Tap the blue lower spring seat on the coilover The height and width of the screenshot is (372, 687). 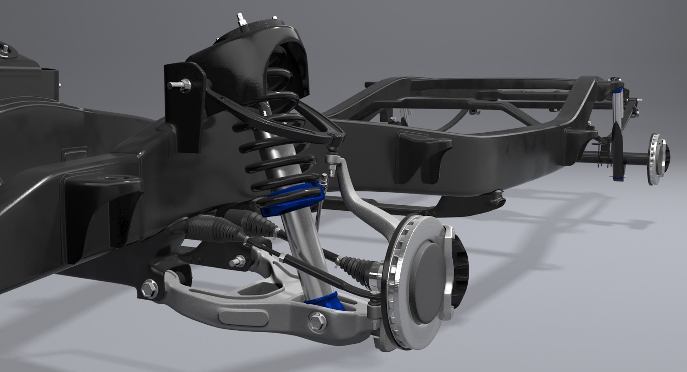click(x=292, y=198)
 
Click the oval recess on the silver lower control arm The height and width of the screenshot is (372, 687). click(x=243, y=316)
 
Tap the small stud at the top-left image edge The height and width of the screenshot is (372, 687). click(x=5, y=50)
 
